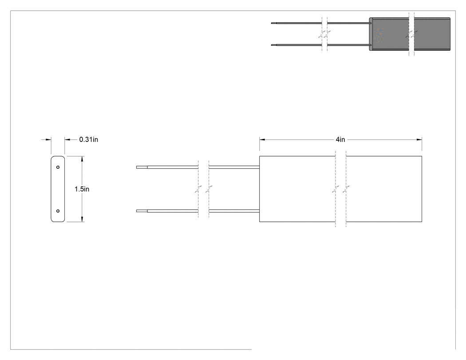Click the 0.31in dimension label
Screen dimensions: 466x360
(89, 139)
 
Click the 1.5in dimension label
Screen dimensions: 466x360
(82, 189)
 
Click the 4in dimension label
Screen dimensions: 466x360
(340, 139)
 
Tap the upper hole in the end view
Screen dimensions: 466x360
(58, 167)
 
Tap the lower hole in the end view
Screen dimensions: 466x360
(58, 211)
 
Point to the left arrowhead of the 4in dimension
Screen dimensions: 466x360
(262, 139)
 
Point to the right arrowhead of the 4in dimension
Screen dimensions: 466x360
(419, 139)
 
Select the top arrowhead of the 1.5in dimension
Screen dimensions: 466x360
(82, 159)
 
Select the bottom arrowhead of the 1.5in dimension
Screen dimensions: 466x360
(82, 219)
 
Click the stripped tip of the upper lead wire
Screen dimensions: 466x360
(142, 167)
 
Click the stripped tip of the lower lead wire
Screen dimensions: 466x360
(142, 211)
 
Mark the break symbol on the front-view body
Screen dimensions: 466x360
(340, 189)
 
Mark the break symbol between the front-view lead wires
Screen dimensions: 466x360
(204, 189)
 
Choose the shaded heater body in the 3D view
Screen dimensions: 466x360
(410, 34)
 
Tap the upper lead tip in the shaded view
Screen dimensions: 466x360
(274, 23)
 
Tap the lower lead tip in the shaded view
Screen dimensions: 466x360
(274, 45)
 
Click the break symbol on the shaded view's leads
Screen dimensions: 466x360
(324, 34)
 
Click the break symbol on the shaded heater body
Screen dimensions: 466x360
(411, 34)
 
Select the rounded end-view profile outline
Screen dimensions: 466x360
(51, 189)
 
